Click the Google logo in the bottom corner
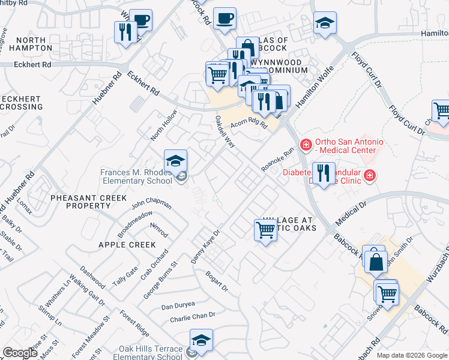(20, 353)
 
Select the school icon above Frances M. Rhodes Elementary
(175, 161)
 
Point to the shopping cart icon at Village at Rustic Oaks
(265, 230)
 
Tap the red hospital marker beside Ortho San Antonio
(306, 145)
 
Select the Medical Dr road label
(351, 214)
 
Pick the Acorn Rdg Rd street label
(249, 122)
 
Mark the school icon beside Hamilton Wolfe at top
(325, 23)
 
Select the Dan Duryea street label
(178, 305)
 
